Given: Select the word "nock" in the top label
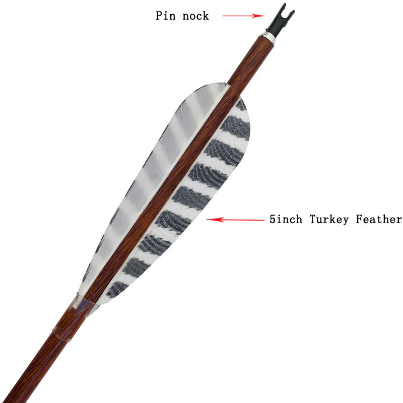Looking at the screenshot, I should (x=195, y=16).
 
